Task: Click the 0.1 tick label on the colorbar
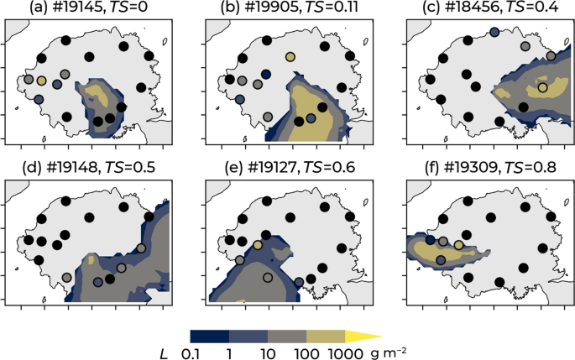coord(192,353)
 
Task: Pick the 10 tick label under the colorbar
coord(268,353)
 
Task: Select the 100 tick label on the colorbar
coord(306,353)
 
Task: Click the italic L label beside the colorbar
coord(165,353)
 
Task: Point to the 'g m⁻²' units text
coord(389,352)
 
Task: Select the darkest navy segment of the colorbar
coord(210,337)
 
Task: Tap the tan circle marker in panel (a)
coord(42,81)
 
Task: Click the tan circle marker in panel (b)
coord(290,56)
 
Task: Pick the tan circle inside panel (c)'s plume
coord(542,87)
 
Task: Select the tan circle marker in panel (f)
coord(458,244)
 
